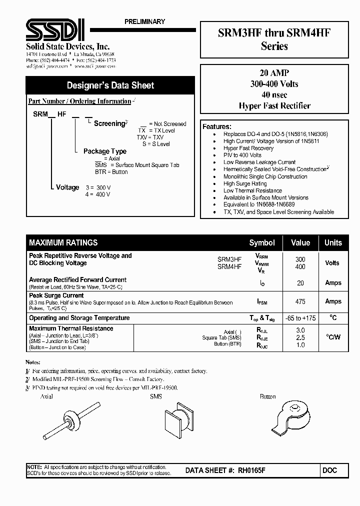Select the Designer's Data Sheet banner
click(110, 85)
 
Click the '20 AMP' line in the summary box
click(274, 73)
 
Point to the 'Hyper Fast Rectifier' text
click(274, 105)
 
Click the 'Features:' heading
click(216, 127)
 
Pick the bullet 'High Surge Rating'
click(245, 183)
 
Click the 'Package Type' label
click(104, 151)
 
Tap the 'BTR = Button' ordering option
click(110, 171)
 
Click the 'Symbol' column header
click(262, 242)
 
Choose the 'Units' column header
click(333, 242)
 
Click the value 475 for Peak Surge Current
click(300, 301)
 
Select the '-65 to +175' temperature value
click(300, 318)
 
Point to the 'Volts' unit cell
click(332, 263)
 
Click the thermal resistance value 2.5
click(300, 337)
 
